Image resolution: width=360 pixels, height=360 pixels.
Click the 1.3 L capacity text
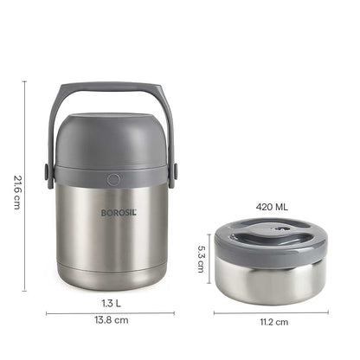click(110, 303)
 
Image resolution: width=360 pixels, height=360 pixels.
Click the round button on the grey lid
click(112, 179)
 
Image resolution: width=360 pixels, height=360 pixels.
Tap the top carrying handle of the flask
click(110, 87)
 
